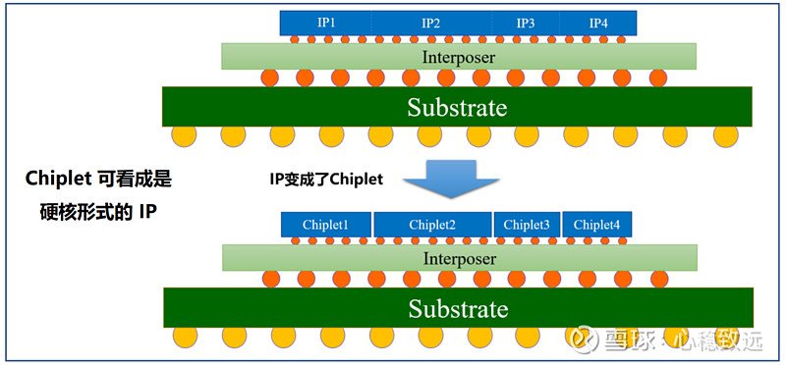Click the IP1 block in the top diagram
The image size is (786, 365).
coord(325,23)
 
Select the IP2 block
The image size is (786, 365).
coord(430,23)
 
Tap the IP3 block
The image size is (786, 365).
coord(525,23)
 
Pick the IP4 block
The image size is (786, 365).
coord(598,23)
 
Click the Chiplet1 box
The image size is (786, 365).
coord(325,225)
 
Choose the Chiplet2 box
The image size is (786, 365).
coord(432,225)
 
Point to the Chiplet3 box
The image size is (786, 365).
coord(527,225)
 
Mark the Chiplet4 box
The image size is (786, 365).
coord(597,225)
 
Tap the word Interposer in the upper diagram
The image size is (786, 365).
coord(459,57)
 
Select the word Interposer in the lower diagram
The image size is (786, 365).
coord(459,258)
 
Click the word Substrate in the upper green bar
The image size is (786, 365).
coord(457,107)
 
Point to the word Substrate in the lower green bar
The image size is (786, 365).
coord(458,309)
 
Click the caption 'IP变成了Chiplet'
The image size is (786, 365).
coord(325,179)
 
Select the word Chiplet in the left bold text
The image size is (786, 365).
coord(58,180)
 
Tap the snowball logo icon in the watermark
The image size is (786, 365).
coord(583,339)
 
